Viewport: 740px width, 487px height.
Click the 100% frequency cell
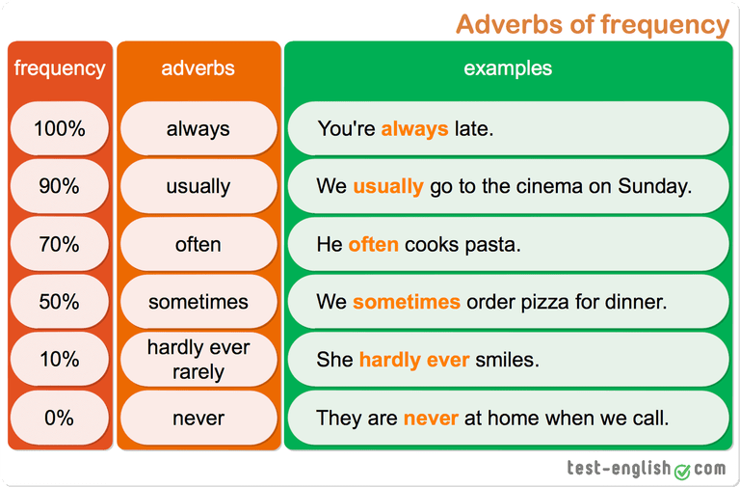point(60,128)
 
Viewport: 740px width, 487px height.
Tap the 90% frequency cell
point(60,186)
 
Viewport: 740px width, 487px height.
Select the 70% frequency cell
point(60,244)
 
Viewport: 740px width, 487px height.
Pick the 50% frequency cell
point(60,302)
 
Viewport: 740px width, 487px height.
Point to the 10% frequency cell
point(60,360)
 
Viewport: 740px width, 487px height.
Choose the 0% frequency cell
point(60,418)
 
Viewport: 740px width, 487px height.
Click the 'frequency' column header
point(60,68)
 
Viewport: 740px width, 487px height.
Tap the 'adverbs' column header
point(198,68)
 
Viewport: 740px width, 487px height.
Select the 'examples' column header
point(508,68)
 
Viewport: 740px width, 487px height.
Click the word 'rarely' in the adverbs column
point(198,372)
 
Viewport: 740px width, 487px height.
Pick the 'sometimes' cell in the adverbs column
point(198,302)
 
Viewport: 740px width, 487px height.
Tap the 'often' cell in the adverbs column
point(198,244)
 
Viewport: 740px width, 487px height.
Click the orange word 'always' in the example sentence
point(414,129)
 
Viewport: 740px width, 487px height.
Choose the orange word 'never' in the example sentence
point(431,419)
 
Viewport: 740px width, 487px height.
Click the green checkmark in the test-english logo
point(682,471)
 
